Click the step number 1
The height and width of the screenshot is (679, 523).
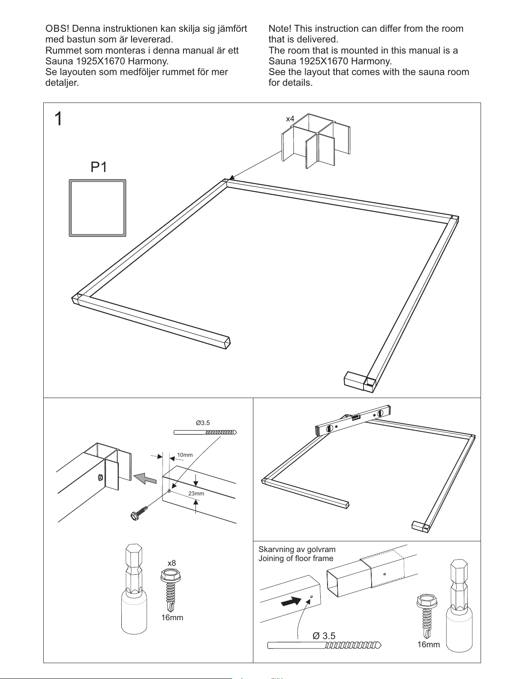coord(58,119)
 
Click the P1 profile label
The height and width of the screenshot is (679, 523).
coord(99,167)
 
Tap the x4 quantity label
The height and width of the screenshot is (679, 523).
coord(290,119)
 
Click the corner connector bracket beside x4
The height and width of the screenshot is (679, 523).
coord(316,141)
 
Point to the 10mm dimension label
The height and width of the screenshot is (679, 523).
coord(185,455)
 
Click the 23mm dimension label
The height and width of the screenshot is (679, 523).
coord(196,493)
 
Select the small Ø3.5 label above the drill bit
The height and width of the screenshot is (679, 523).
coord(203,423)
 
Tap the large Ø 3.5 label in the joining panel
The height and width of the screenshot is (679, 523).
coord(324,636)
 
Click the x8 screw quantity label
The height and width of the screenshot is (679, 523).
coord(172,563)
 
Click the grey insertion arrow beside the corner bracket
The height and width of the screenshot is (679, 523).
coord(145,478)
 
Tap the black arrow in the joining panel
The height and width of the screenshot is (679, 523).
coord(291,601)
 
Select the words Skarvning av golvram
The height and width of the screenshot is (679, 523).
coord(297,549)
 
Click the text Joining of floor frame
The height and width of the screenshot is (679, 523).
coord(296,558)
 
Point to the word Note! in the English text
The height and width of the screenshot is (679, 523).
coord(280,29)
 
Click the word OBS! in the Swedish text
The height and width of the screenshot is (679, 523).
coord(57,29)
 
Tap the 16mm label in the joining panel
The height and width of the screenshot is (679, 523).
coord(428,644)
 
